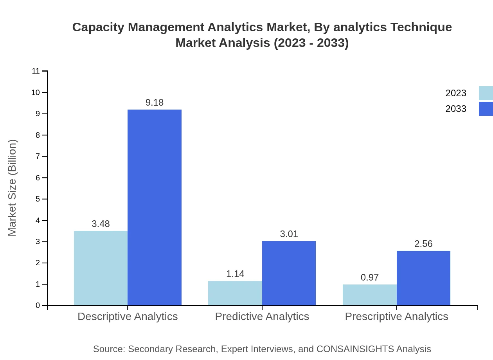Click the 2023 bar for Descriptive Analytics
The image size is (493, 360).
point(101,268)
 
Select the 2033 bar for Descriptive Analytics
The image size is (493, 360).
point(155,207)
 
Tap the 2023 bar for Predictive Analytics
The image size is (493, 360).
point(235,293)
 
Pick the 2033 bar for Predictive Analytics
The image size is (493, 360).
point(289,273)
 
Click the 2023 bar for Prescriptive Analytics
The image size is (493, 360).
point(370,295)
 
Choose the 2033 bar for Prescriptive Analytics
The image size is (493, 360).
point(423,278)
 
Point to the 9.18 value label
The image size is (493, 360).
point(155,103)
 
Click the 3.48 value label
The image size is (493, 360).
point(101,224)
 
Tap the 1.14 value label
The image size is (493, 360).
point(235,274)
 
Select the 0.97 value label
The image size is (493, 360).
point(370,277)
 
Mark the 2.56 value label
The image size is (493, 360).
point(423,244)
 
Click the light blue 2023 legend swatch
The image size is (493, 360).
point(486,93)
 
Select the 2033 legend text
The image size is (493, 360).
point(456,109)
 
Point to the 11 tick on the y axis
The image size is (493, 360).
point(36,71)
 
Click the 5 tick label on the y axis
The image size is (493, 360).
point(38,199)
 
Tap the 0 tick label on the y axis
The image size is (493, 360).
point(38,305)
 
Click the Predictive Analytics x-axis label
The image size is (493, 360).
point(262,316)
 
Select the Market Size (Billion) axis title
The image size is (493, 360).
point(12,188)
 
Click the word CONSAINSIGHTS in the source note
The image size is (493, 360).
point(355,349)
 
